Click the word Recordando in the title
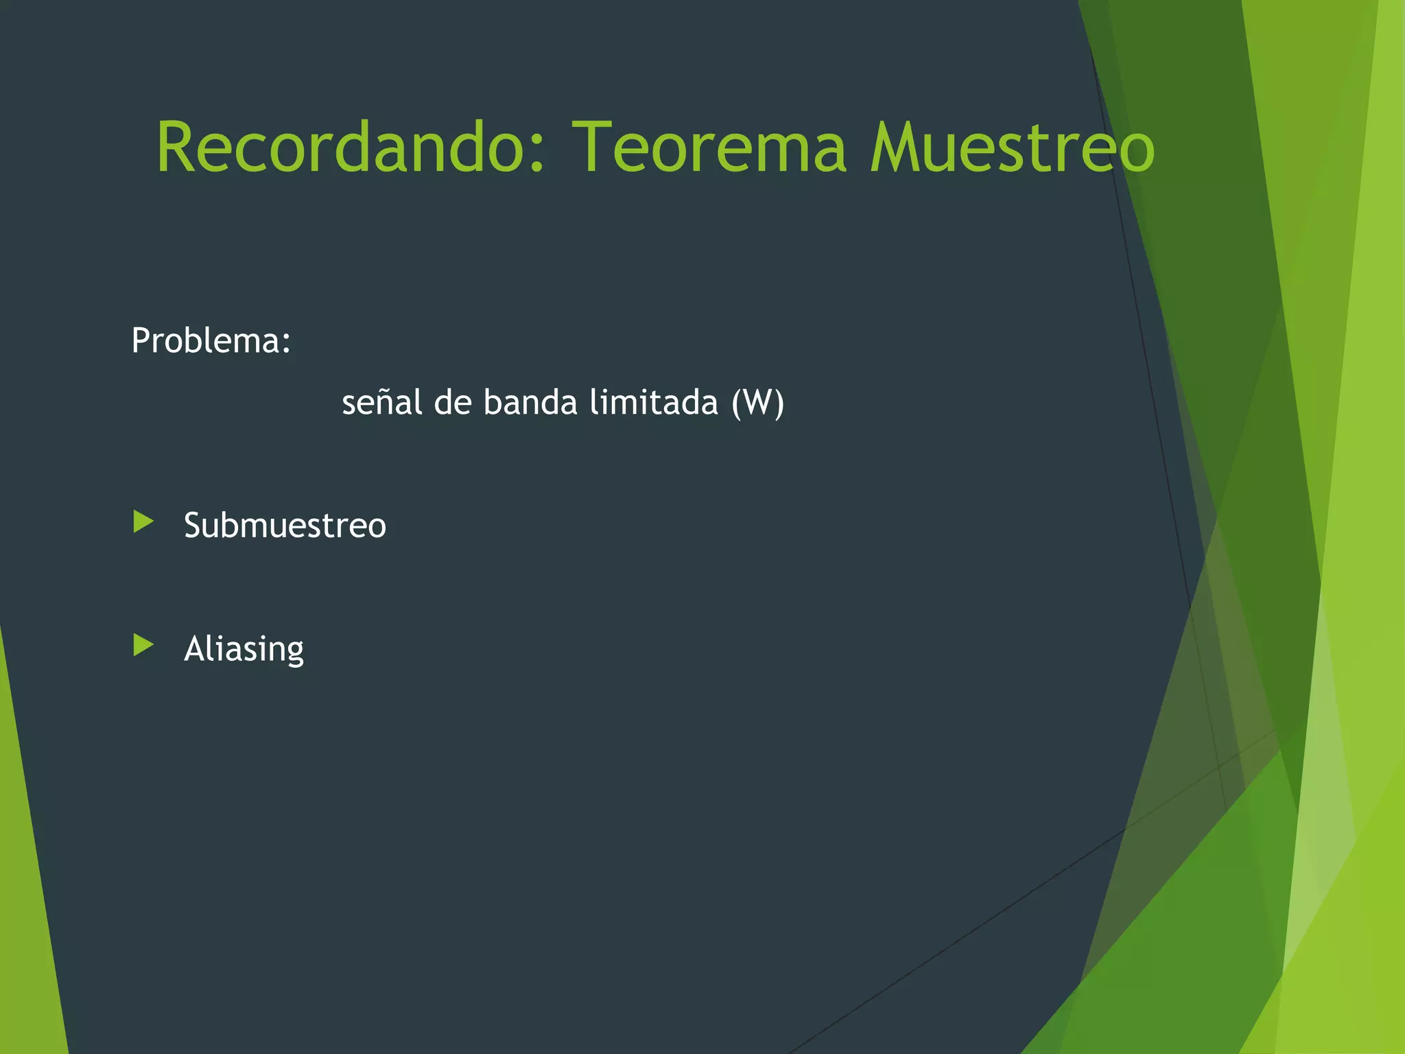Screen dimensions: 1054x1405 click(343, 147)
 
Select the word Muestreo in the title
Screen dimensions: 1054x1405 click(1012, 147)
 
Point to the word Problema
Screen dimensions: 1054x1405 click(206, 340)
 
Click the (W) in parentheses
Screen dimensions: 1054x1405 click(757, 403)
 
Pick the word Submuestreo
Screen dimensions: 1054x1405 click(285, 526)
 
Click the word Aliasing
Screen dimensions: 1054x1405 click(244, 649)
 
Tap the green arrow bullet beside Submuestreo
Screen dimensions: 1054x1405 click(143, 522)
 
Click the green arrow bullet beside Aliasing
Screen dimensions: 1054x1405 click(143, 646)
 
